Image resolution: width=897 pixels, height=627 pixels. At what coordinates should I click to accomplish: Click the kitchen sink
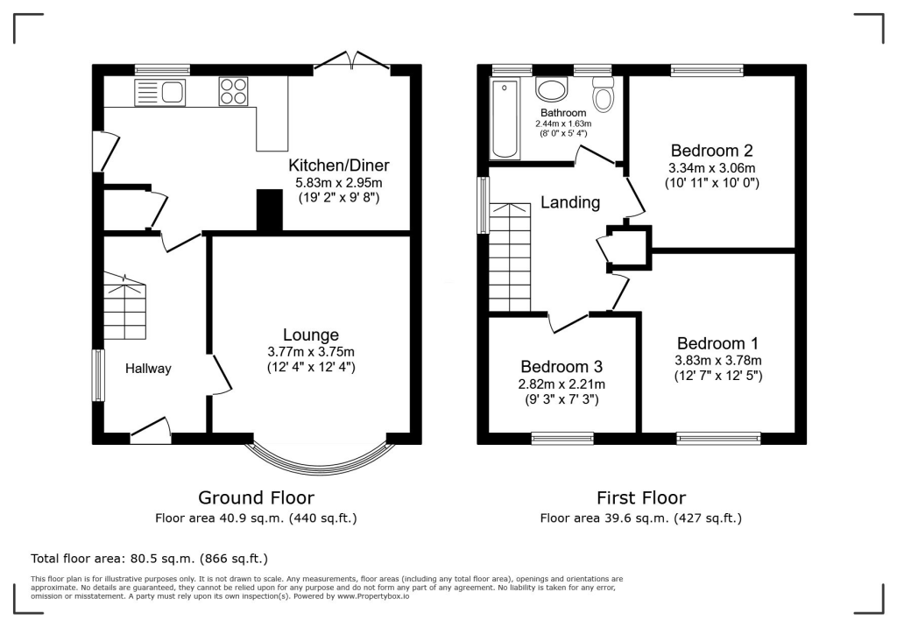(x=160, y=92)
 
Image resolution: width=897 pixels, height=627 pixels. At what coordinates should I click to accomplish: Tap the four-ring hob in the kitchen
(x=233, y=92)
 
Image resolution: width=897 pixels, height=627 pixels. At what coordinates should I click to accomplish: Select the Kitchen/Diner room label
(x=339, y=166)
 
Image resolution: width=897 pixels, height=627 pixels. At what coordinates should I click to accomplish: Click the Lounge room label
(x=311, y=335)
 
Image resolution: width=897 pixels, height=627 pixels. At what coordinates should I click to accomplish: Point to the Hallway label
(x=148, y=369)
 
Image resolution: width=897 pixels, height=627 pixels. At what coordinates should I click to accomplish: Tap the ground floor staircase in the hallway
(x=124, y=306)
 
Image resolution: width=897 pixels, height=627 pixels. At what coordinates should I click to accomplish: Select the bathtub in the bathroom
(x=505, y=118)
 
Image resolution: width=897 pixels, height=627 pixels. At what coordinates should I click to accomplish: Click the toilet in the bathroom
(x=603, y=95)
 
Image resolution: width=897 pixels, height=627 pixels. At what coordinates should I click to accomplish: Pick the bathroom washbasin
(x=552, y=90)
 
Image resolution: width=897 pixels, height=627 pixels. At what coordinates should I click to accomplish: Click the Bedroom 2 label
(x=711, y=151)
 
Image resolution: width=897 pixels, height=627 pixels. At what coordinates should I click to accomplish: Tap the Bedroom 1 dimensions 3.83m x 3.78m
(x=718, y=361)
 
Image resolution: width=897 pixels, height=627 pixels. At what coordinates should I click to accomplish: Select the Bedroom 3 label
(x=562, y=366)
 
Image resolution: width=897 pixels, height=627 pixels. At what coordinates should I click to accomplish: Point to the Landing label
(x=570, y=202)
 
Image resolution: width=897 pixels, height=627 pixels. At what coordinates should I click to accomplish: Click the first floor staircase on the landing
(x=510, y=257)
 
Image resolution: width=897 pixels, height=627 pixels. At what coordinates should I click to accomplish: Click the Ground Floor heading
(x=257, y=497)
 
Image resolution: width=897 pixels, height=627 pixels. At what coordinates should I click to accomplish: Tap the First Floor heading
(x=641, y=497)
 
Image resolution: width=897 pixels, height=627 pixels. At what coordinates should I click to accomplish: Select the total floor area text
(x=149, y=559)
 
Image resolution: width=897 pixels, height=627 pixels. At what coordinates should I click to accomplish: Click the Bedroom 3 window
(x=562, y=439)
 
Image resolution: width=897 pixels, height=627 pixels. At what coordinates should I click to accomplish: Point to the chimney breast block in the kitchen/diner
(x=270, y=210)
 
